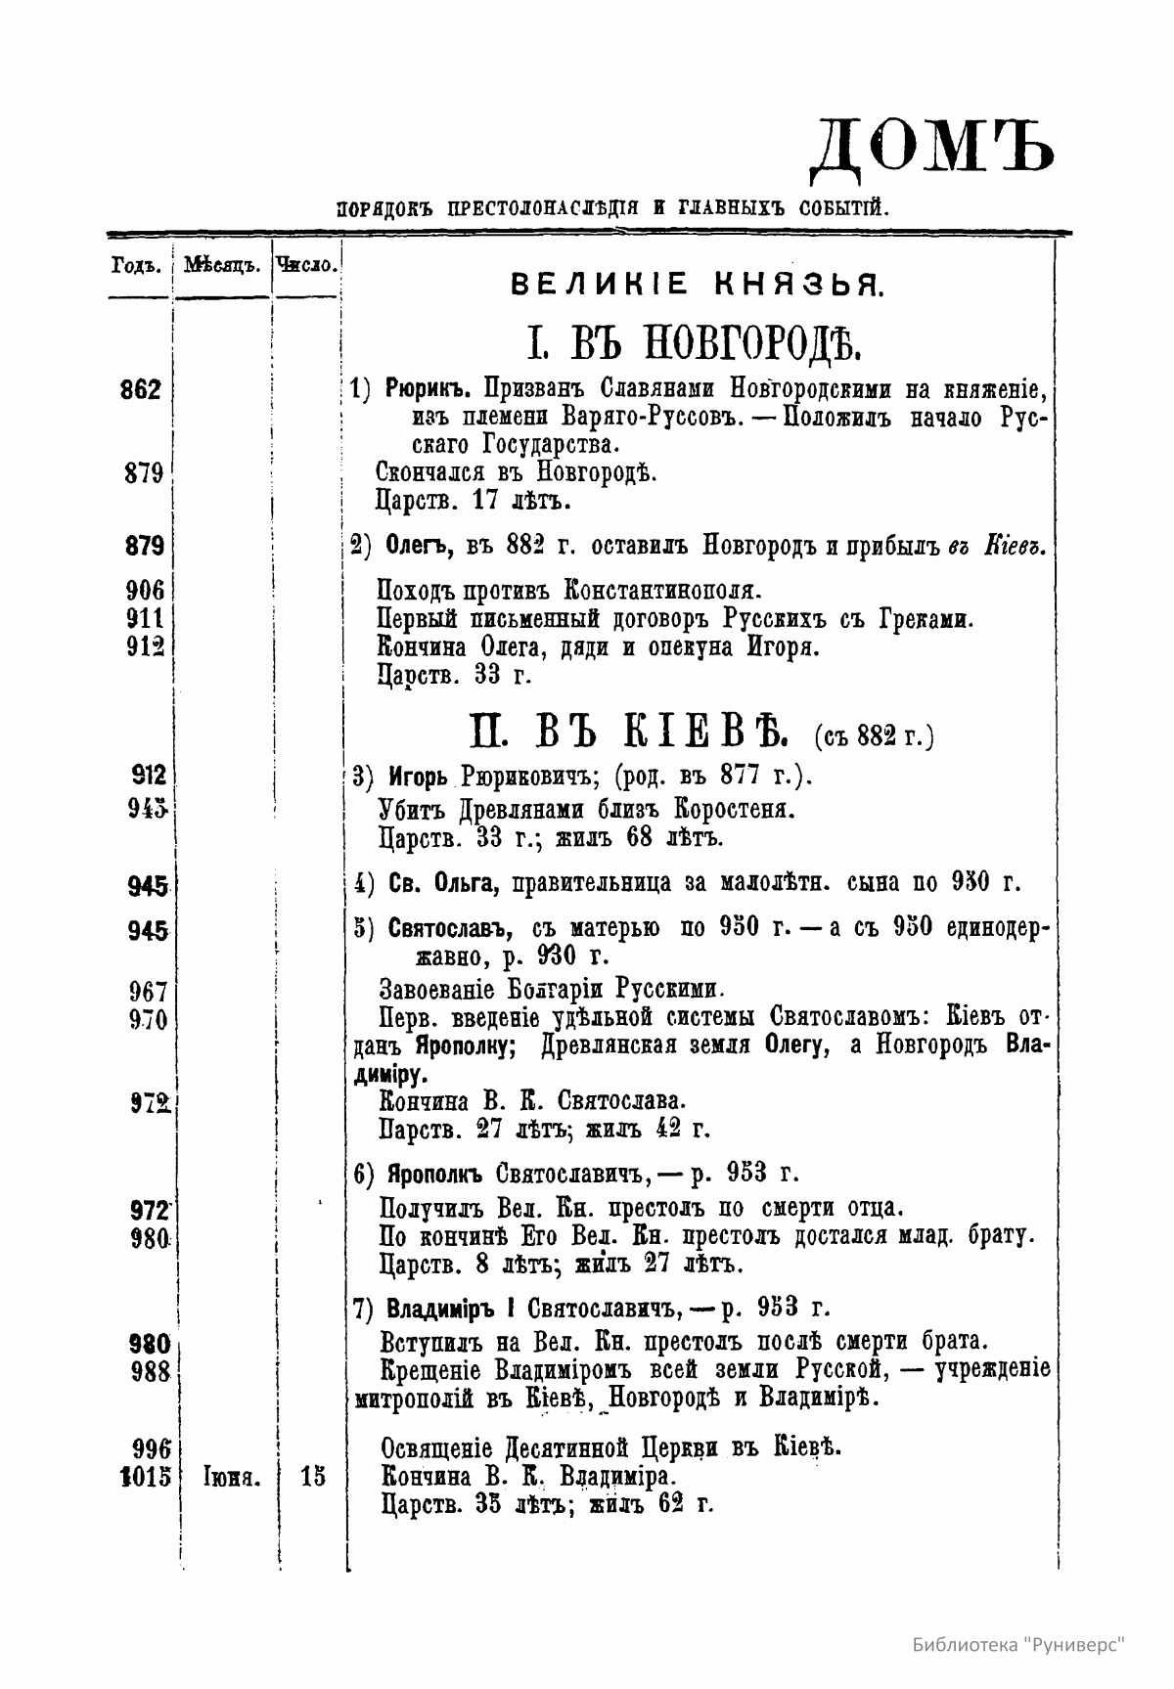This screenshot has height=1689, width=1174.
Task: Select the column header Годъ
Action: [x=135, y=265]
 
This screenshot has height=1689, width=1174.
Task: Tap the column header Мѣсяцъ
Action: [x=220, y=265]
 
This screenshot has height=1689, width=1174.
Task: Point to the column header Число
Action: [x=308, y=264]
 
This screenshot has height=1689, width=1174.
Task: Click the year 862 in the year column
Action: [x=140, y=390]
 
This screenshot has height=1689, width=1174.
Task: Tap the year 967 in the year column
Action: [x=148, y=992]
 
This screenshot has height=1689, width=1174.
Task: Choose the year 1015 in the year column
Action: [x=144, y=1476]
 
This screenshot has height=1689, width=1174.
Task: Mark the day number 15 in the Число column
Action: [x=313, y=1477]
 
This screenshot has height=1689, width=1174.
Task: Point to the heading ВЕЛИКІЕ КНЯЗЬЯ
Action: [x=699, y=286]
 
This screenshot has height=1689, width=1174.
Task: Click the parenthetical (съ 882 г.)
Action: [x=872, y=733]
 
